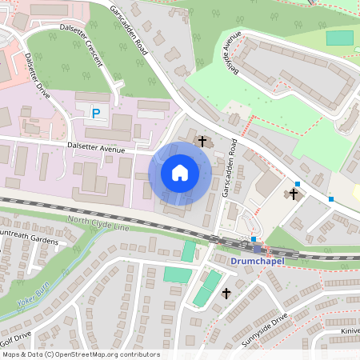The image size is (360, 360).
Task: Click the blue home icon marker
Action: tap(180, 172)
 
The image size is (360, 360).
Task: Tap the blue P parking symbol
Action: tap(96, 114)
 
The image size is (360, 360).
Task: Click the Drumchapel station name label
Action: tap(257, 261)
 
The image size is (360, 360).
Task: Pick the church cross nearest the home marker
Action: tap(202, 142)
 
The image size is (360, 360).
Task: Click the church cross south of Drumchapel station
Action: tap(226, 294)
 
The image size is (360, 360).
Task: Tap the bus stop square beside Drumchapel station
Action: tap(254, 239)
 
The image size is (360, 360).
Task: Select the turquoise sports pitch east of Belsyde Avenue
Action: tap(339, 38)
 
